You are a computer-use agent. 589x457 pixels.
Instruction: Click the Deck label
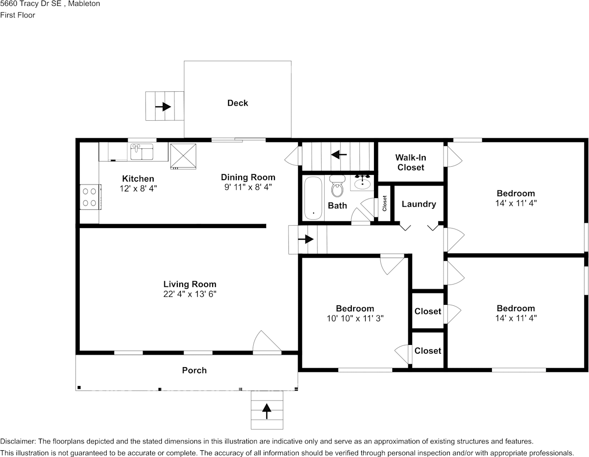(237, 103)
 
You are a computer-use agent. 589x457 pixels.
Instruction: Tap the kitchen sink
(142, 152)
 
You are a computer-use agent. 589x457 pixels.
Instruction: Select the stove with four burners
(90, 197)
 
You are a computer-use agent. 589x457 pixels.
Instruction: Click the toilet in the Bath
(337, 186)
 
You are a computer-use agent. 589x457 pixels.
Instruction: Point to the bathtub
(313, 198)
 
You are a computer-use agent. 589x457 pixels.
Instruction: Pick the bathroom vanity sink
(362, 183)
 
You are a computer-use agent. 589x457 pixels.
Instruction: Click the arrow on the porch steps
(267, 412)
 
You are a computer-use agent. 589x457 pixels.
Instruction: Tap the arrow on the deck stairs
(163, 106)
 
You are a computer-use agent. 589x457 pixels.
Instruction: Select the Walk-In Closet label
(411, 162)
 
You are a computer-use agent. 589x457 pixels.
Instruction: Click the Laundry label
(419, 204)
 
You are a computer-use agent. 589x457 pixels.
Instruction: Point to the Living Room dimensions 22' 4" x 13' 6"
(190, 294)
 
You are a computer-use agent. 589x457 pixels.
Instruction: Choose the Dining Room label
(248, 177)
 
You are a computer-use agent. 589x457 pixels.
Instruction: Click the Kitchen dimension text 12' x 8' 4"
(138, 188)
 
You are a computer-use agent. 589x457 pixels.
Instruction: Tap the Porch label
(194, 371)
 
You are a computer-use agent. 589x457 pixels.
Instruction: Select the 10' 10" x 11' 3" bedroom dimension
(355, 318)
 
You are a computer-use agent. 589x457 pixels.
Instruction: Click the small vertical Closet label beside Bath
(384, 203)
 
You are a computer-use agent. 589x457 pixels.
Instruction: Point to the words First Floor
(17, 15)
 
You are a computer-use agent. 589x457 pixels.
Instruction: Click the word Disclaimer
(18, 441)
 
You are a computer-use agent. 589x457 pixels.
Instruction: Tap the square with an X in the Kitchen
(183, 157)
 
